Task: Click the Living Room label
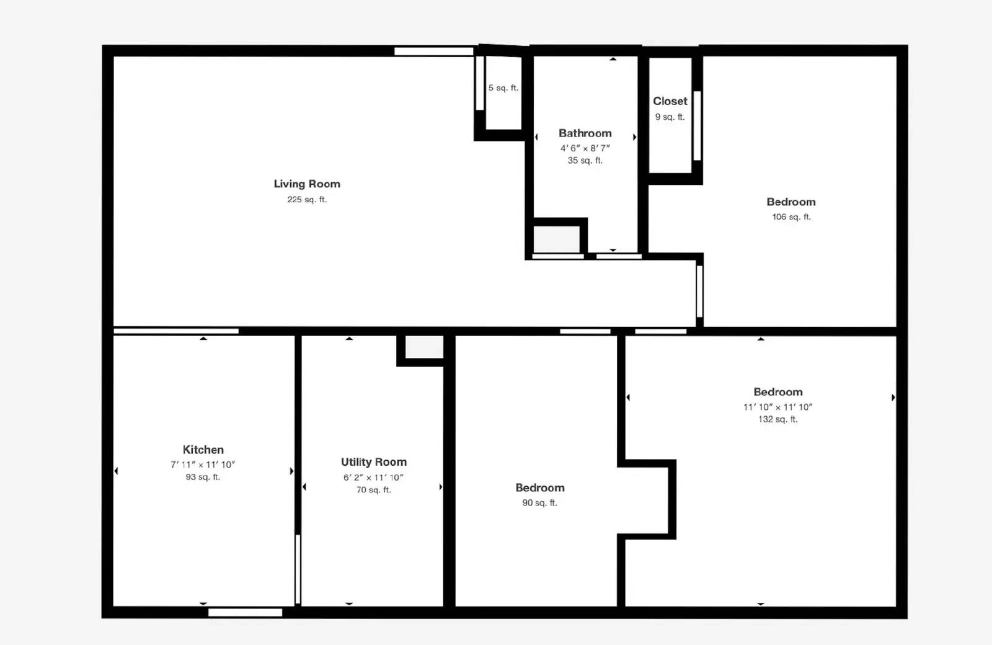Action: tap(307, 184)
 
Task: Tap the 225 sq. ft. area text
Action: tap(307, 200)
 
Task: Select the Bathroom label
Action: tap(585, 133)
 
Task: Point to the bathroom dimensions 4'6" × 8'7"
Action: tap(585, 148)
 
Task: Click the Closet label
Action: tap(670, 101)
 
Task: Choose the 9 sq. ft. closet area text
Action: tap(670, 117)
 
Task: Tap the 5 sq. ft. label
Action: tap(503, 88)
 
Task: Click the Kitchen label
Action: tap(203, 450)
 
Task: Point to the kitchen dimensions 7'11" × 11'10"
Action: tap(203, 465)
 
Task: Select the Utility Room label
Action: tap(373, 462)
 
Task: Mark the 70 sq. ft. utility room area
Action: tap(373, 490)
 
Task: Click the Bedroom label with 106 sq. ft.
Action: tap(790, 202)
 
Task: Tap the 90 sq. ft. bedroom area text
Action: tap(539, 503)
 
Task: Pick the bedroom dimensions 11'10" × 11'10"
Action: tap(777, 407)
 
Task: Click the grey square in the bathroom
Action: tap(556, 239)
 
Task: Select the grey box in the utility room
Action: tap(424, 347)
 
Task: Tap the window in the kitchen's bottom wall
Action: tap(245, 613)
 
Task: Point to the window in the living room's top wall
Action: tap(433, 51)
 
